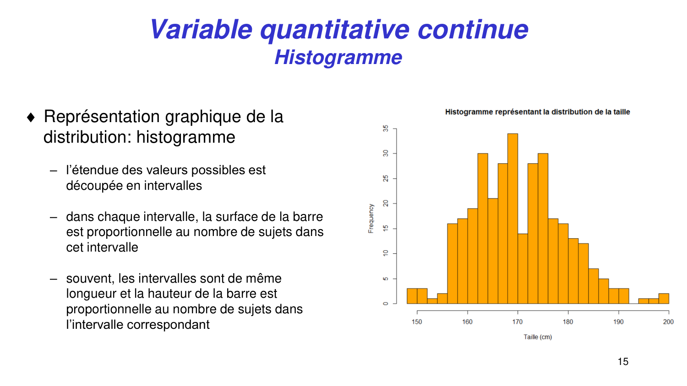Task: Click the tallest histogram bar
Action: (x=513, y=220)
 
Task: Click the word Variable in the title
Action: (x=201, y=29)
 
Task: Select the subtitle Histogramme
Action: (x=338, y=58)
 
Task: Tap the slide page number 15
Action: (x=623, y=362)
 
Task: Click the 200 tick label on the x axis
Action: (x=668, y=322)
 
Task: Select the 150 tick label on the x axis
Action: (x=417, y=322)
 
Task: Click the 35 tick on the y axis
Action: (x=386, y=129)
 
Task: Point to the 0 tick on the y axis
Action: (x=386, y=303)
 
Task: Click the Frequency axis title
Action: (x=371, y=219)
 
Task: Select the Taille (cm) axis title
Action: (x=538, y=337)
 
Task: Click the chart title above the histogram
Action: (x=537, y=112)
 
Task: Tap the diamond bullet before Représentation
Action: (x=31, y=118)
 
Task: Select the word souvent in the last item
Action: (x=89, y=279)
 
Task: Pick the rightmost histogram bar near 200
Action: (x=664, y=299)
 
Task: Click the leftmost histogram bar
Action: (x=412, y=296)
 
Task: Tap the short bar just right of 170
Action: (x=523, y=269)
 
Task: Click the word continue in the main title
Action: (x=473, y=29)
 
